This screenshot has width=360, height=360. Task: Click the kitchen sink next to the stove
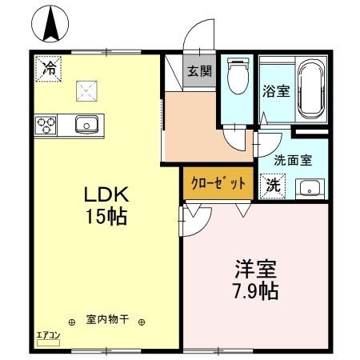[x=85, y=125]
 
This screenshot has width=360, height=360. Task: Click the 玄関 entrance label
[x=198, y=70]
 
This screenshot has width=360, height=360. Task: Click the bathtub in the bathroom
[x=310, y=89]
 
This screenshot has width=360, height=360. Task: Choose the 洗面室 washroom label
[x=293, y=159]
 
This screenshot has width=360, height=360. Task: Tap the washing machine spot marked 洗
[x=273, y=186]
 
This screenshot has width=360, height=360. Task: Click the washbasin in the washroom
[x=308, y=189]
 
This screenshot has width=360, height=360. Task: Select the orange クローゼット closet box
[x=218, y=182]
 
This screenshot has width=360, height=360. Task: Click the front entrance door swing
[x=195, y=40]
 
